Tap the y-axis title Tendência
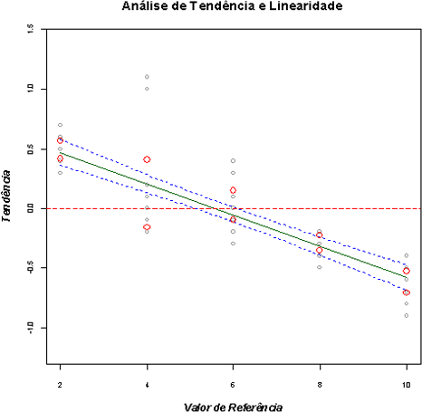7,194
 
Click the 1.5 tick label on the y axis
30,30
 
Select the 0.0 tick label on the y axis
30,208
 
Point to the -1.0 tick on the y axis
30,327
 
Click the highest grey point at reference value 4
147,77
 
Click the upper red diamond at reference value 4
147,159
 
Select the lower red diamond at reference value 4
147,227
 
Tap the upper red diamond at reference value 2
60,140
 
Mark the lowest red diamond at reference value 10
407,292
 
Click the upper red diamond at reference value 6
233,190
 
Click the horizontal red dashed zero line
109,208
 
